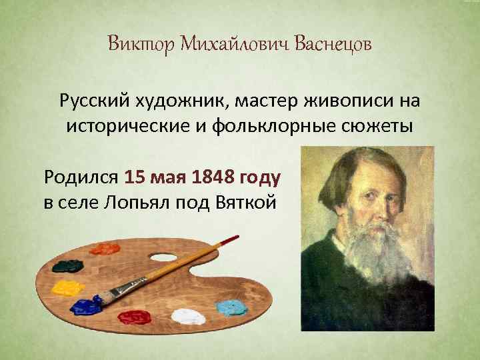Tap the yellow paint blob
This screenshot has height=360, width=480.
pos(67,289)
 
